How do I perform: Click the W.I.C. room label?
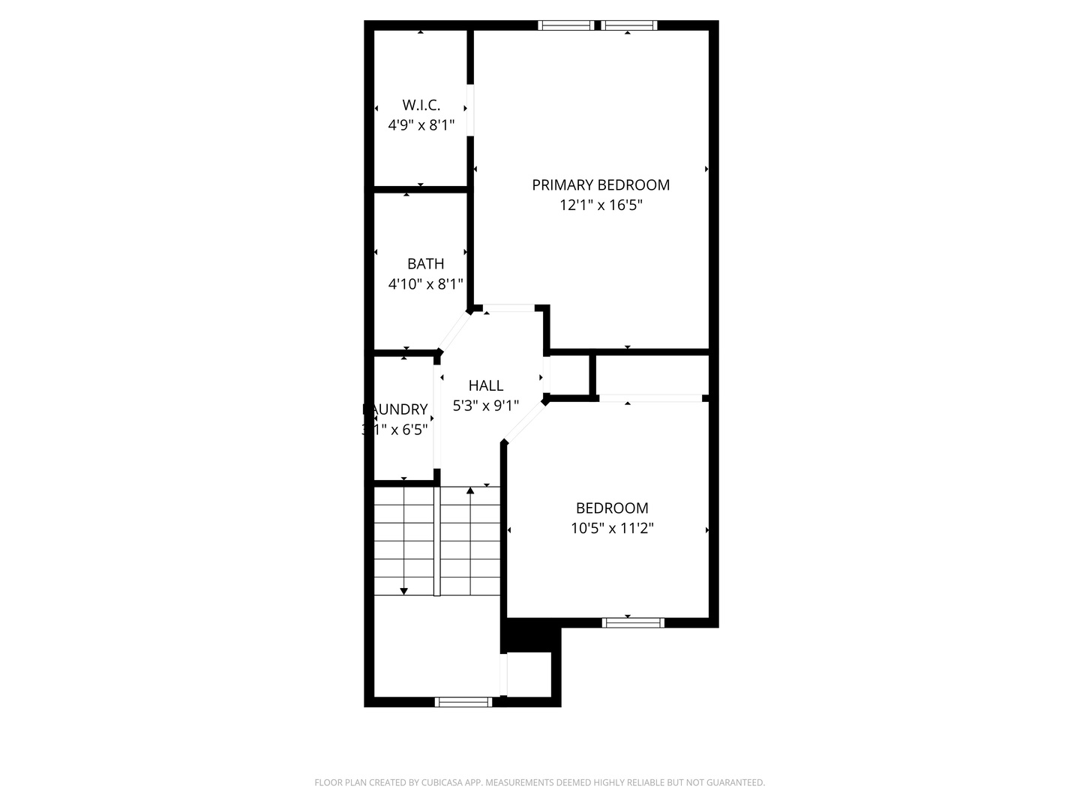421,105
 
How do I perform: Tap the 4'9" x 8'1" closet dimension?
421,125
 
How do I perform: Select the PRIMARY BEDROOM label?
601,184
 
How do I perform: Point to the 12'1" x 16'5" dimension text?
601,205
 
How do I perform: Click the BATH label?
425,264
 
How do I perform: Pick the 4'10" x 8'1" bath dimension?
425,284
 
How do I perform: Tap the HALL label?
486,385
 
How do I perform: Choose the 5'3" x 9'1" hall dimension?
486,406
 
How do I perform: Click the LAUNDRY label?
396,409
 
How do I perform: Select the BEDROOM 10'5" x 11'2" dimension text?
612,528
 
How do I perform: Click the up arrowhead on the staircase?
470,491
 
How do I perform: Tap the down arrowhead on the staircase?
404,591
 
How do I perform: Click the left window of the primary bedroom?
566,25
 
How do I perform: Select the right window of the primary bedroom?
629,25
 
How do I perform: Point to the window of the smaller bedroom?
634,622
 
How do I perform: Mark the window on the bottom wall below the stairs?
463,702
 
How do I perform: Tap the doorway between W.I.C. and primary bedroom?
470,109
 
